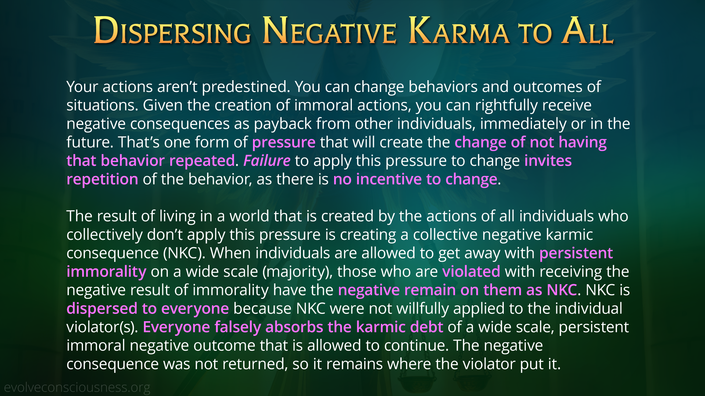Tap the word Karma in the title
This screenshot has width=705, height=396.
point(459,31)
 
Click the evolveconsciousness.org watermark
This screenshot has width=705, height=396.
point(77,387)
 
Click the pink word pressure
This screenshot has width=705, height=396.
point(284,143)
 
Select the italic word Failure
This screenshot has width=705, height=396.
point(267,161)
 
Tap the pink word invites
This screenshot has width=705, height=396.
point(548,161)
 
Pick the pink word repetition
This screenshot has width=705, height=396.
point(102,180)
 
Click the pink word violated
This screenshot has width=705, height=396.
point(471,272)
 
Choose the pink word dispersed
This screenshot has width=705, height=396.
point(102,309)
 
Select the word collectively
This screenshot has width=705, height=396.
point(104,235)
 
